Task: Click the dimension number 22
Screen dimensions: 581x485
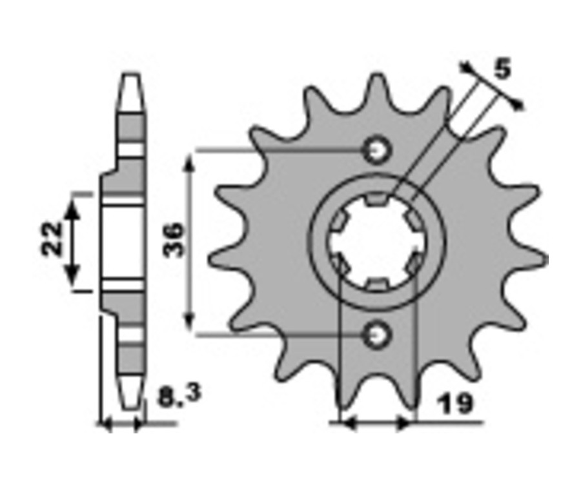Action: [52, 239]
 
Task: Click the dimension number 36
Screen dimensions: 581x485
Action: [174, 239]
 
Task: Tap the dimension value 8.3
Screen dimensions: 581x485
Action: [179, 395]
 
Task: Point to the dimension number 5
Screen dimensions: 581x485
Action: [503, 69]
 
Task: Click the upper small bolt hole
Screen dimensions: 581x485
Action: [377, 150]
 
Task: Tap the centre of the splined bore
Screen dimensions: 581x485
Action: [377, 242]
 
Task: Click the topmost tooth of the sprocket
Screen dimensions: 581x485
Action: [377, 93]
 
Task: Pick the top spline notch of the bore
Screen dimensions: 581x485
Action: [377, 199]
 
